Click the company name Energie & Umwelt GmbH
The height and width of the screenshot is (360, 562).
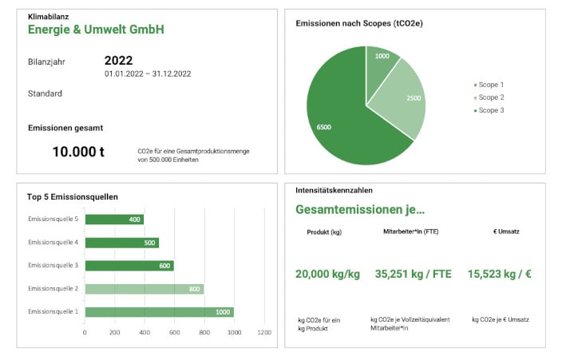click(x=96, y=30)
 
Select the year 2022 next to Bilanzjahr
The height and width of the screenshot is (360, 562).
click(x=118, y=60)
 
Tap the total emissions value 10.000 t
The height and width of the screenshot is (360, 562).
click(x=78, y=151)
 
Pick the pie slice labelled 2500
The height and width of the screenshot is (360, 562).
click(x=403, y=100)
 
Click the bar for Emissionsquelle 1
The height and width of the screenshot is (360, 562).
click(x=159, y=312)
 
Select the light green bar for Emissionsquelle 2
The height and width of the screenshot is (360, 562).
click(x=144, y=289)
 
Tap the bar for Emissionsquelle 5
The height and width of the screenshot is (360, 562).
click(x=114, y=220)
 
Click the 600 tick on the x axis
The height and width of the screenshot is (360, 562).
click(x=174, y=333)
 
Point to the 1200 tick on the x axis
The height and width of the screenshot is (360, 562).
click(x=263, y=333)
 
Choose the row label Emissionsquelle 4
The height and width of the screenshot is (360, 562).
click(x=53, y=242)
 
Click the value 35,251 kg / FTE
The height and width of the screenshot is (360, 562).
click(x=413, y=274)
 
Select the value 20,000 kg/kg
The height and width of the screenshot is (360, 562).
click(x=327, y=274)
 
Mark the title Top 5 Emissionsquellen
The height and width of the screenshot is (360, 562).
click(x=73, y=196)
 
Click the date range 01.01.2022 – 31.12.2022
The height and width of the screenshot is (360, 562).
click(x=148, y=73)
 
